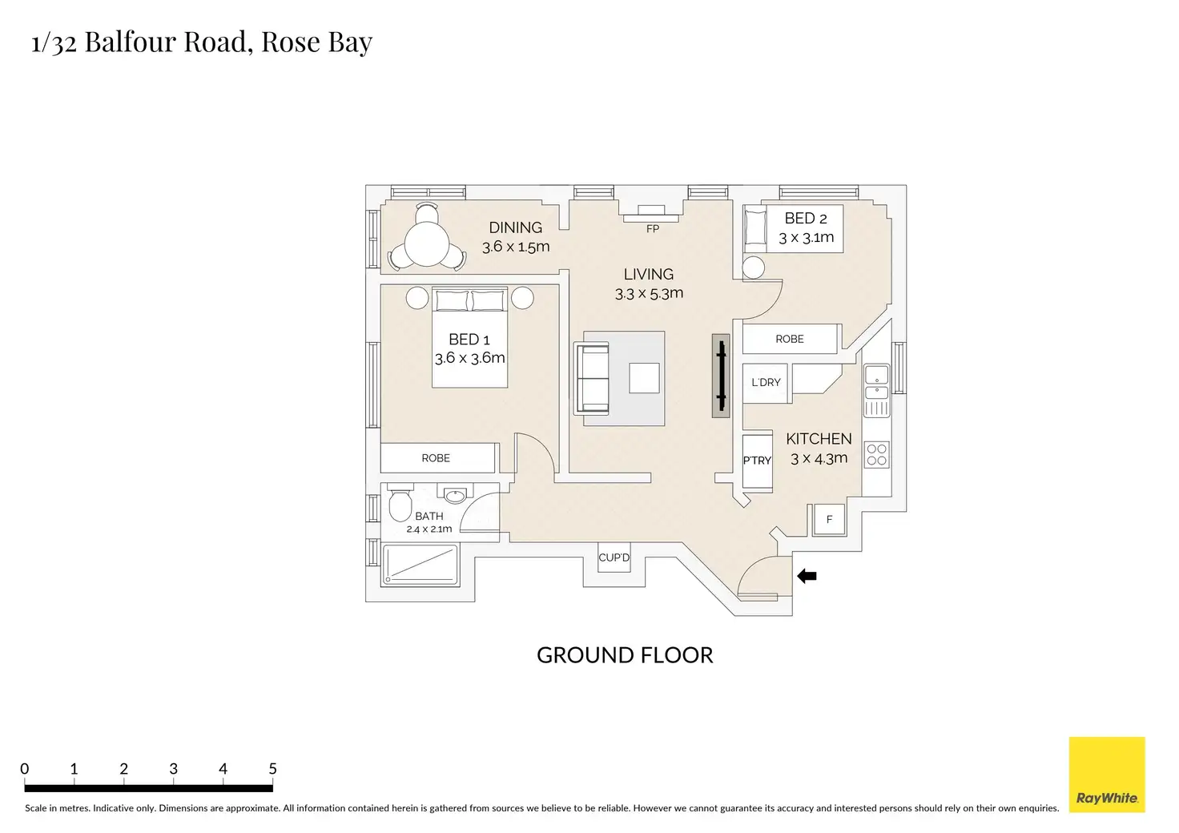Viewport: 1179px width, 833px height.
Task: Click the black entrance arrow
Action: [807, 576]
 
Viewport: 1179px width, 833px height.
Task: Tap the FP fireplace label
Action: [653, 229]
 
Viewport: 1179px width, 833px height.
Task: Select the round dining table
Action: [427, 243]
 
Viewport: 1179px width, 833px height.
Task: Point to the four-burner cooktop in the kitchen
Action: [876, 455]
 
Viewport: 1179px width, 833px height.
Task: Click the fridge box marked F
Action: [829, 520]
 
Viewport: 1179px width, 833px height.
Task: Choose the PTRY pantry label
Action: [757, 461]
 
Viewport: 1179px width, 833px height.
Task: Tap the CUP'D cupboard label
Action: [614, 557]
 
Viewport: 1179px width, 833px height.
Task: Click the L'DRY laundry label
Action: [766, 383]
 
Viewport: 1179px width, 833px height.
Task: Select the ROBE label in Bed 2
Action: [789, 340]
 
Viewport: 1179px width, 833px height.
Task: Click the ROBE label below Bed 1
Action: [436, 458]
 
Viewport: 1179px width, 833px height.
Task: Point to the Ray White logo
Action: [1107, 775]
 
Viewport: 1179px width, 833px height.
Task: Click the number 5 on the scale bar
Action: [272, 769]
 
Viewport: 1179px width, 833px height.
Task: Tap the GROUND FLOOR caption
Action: [625, 655]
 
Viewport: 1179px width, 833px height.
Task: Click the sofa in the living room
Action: [592, 377]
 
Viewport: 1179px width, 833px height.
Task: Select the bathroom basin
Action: [455, 496]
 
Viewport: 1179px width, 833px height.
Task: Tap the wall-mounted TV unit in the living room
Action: [721, 376]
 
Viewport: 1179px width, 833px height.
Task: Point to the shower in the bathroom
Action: [420, 565]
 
